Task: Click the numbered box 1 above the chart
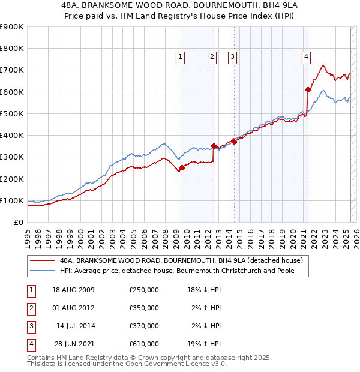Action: (x=181, y=57)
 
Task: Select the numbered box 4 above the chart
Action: (x=306, y=57)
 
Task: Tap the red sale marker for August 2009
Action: (x=182, y=167)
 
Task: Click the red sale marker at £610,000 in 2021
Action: (x=308, y=89)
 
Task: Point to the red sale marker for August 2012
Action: (x=214, y=146)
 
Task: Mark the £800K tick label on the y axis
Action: (x=12, y=49)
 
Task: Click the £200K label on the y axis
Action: (x=12, y=179)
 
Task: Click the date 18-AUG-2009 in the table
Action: (x=74, y=290)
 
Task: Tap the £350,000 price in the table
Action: (x=144, y=308)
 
